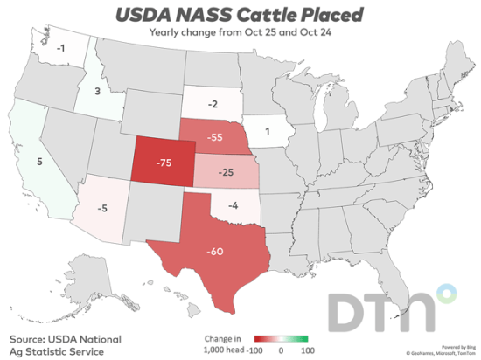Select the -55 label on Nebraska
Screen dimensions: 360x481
click(209, 138)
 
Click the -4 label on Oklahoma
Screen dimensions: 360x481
click(233, 206)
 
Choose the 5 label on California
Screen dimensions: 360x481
click(38, 160)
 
